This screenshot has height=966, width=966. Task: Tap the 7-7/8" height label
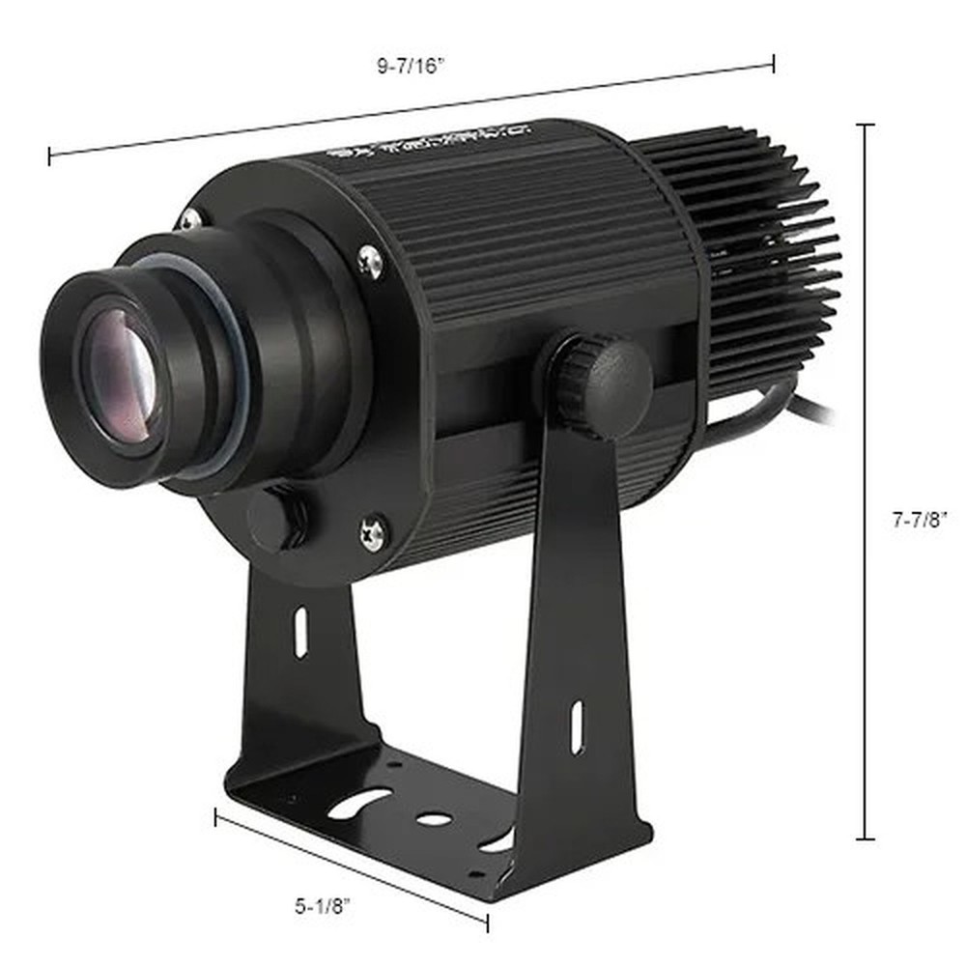coord(920,519)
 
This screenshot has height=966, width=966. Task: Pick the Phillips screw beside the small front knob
coord(372,531)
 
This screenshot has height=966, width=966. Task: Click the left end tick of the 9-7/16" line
coord(50,155)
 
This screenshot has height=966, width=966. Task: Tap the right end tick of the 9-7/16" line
coord(773,64)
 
